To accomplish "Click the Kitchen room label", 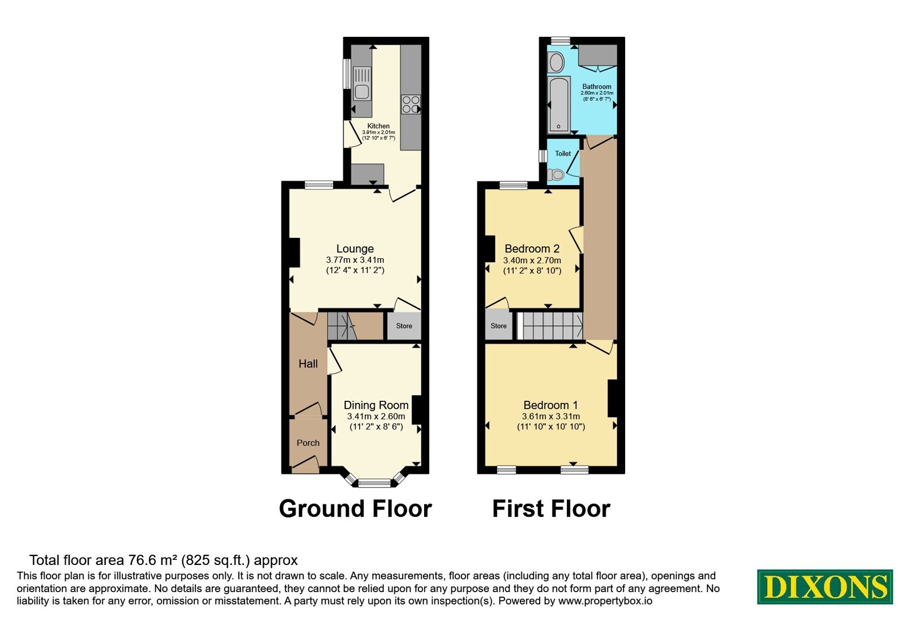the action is pyautogui.click(x=378, y=126).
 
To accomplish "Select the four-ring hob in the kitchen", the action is pyautogui.click(x=411, y=104).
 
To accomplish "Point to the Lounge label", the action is pyautogui.click(x=355, y=249).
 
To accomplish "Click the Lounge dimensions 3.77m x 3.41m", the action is pyautogui.click(x=355, y=260).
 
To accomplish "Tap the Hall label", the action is pyautogui.click(x=308, y=364).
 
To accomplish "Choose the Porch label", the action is pyautogui.click(x=308, y=443).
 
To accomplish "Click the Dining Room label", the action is pyautogui.click(x=376, y=405).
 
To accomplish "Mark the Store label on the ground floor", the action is pyautogui.click(x=404, y=326).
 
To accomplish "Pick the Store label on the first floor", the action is pyautogui.click(x=499, y=326).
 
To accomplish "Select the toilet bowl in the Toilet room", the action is pyautogui.click(x=556, y=175).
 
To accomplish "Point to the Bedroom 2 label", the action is pyautogui.click(x=532, y=249).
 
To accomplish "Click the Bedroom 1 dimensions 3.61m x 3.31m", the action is pyautogui.click(x=551, y=417).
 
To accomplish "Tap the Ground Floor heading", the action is pyautogui.click(x=356, y=509).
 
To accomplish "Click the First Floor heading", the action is pyautogui.click(x=551, y=509).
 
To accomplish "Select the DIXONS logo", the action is pyautogui.click(x=824, y=587).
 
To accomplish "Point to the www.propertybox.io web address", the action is pyautogui.click(x=605, y=601).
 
